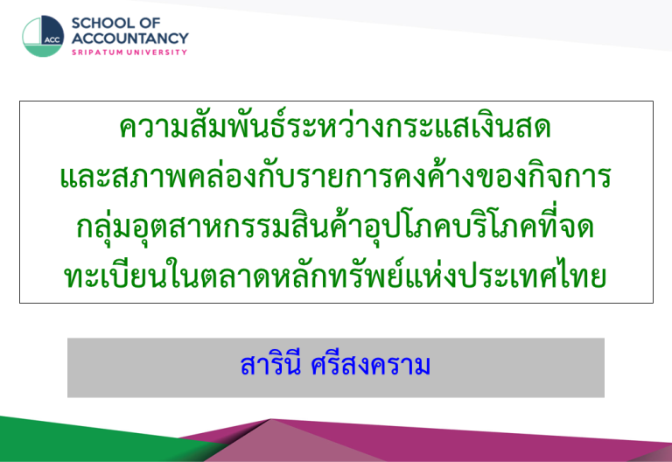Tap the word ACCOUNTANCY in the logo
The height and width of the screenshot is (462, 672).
(129, 38)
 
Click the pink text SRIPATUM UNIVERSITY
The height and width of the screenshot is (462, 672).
(129, 52)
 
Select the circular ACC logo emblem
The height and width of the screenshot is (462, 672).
(43, 36)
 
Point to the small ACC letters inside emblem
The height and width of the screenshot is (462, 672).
(52, 40)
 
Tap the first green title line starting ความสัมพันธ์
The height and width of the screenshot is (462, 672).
(335, 128)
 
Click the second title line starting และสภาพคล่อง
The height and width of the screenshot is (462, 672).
(335, 176)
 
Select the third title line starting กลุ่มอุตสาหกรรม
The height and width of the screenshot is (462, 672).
(335, 227)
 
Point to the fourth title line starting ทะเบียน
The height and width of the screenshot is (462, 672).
(335, 275)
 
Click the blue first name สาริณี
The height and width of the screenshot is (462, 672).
(270, 365)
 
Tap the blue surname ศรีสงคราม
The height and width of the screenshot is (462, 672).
(370, 365)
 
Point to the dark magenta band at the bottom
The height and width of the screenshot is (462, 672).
(472, 441)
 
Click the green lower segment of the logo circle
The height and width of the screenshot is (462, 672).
(43, 51)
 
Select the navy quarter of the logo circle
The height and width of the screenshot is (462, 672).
(52, 30)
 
